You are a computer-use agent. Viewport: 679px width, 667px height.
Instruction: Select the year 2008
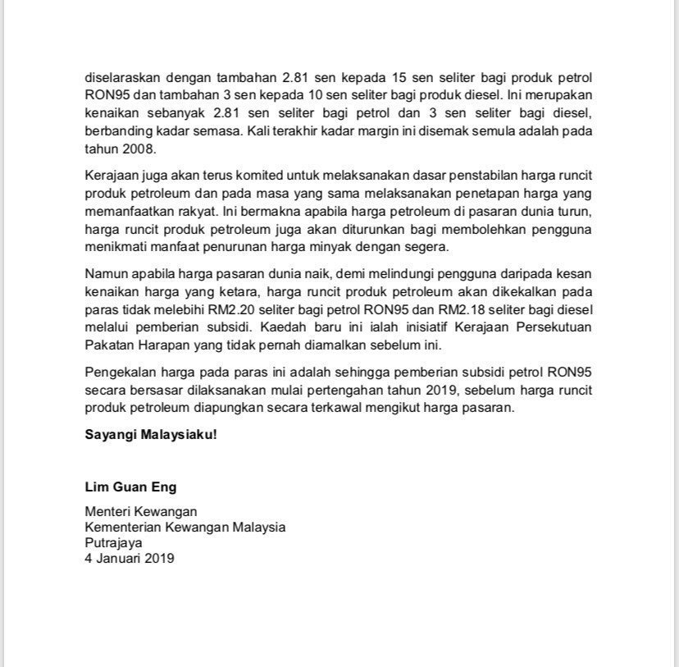(137, 150)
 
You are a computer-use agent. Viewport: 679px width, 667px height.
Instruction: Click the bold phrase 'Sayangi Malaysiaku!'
(151, 434)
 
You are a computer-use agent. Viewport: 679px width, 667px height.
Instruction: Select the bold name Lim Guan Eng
(130, 487)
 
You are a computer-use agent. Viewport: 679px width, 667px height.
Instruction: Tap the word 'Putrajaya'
(113, 542)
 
